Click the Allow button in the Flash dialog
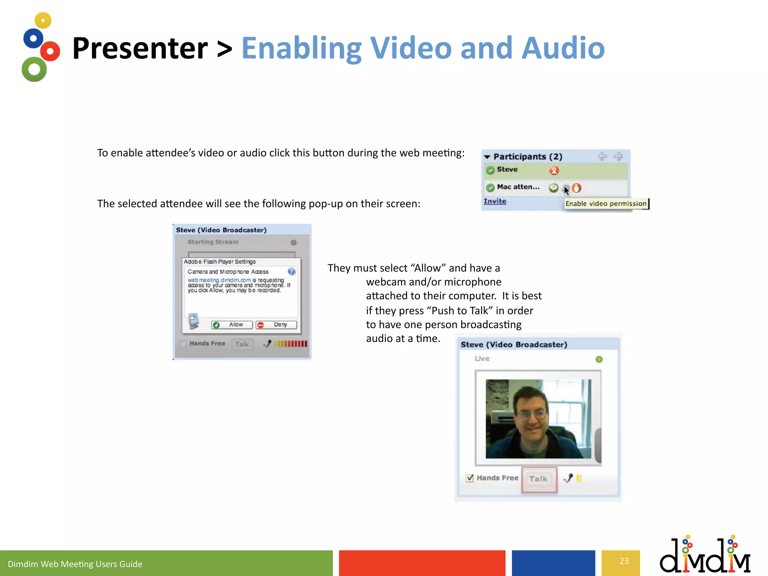click(232, 325)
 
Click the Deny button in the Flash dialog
click(276, 325)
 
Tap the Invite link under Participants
click(495, 201)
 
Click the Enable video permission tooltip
click(606, 204)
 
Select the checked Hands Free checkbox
click(469, 478)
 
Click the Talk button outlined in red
click(538, 479)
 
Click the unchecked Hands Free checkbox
click(183, 344)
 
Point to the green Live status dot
click(599, 359)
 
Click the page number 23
click(624, 561)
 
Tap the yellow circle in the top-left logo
click(43, 20)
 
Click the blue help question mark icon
click(291, 271)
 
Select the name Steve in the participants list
click(507, 169)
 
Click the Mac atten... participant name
click(518, 187)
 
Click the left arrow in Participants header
click(602, 156)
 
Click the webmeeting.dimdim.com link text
click(219, 280)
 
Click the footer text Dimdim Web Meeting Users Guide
click(75, 564)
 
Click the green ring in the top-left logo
click(34, 69)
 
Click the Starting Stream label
click(213, 242)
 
